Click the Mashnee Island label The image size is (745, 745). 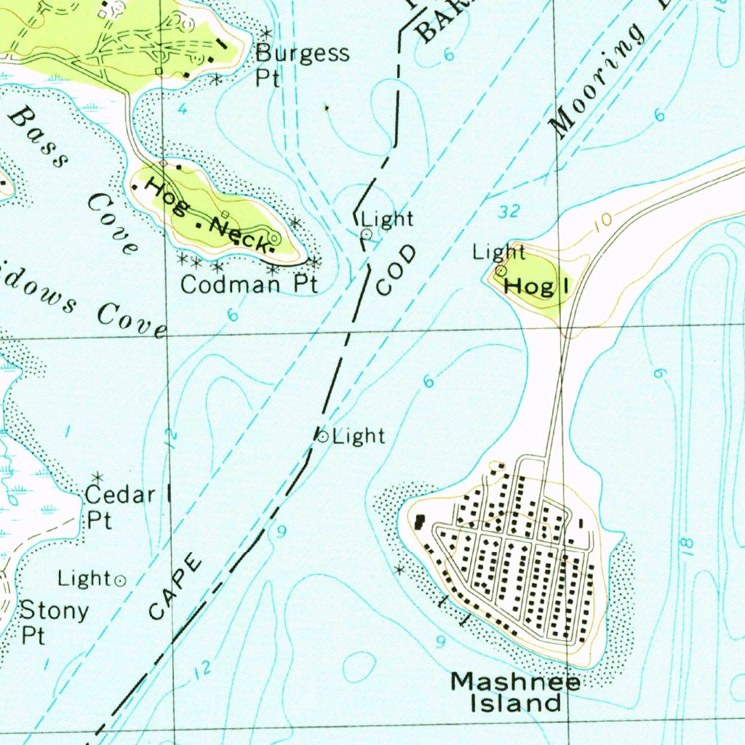[x=516, y=692]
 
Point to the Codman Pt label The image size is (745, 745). [x=249, y=284]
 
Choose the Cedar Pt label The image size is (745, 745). [x=119, y=507]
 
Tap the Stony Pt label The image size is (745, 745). [x=54, y=621]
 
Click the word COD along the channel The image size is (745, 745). [x=397, y=271]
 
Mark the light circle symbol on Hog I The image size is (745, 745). [x=501, y=270]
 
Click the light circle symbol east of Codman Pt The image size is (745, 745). [x=367, y=234]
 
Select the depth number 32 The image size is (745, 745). [x=510, y=212]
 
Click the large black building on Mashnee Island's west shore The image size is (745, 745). [x=420, y=521]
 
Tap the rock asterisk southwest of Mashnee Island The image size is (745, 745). [x=399, y=570]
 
